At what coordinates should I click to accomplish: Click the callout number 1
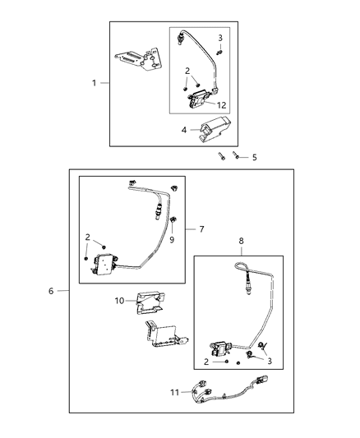click(x=94, y=83)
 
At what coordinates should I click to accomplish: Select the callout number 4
click(x=184, y=129)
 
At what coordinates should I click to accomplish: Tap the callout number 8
click(x=241, y=242)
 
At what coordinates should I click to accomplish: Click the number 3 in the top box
click(x=220, y=38)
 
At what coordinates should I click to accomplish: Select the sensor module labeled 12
click(x=200, y=102)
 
